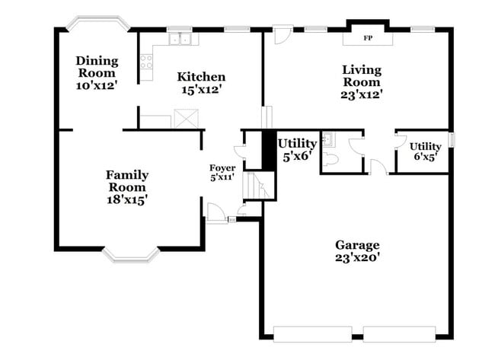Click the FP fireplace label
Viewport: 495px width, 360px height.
pos(368,37)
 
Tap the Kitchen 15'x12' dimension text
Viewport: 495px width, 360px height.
pos(201,90)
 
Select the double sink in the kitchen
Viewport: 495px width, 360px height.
pos(180,39)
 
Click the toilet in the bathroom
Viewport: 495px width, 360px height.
pos(330,159)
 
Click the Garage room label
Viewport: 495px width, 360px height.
pos(357,244)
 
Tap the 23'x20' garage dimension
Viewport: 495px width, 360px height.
pos(357,258)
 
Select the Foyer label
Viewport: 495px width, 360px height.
pos(222,167)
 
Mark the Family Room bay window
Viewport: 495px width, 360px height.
pos(131,253)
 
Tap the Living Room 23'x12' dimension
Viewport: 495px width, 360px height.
pos(361,95)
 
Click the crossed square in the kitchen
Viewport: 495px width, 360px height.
pos(185,119)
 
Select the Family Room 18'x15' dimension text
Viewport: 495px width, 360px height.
pos(126,200)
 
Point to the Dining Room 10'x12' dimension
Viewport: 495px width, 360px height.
pos(97,86)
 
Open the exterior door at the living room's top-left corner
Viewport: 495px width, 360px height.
pos(282,35)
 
